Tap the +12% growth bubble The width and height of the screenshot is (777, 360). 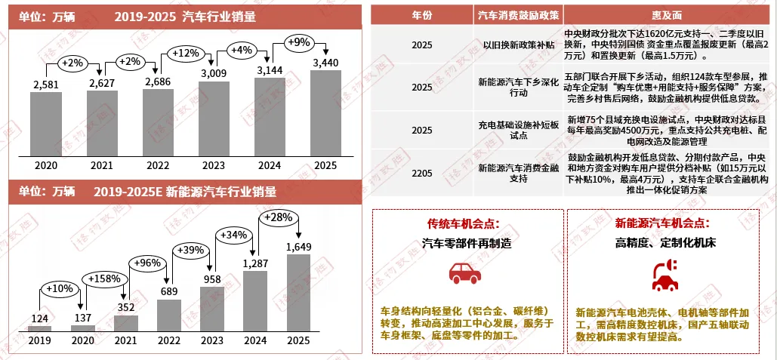point(185,54)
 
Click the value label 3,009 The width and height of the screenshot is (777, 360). point(214,73)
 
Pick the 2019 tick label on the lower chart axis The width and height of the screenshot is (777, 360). point(39,340)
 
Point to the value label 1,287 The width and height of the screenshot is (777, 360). point(255,263)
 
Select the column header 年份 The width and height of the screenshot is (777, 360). point(422,15)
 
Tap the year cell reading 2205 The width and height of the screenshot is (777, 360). point(422,174)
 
